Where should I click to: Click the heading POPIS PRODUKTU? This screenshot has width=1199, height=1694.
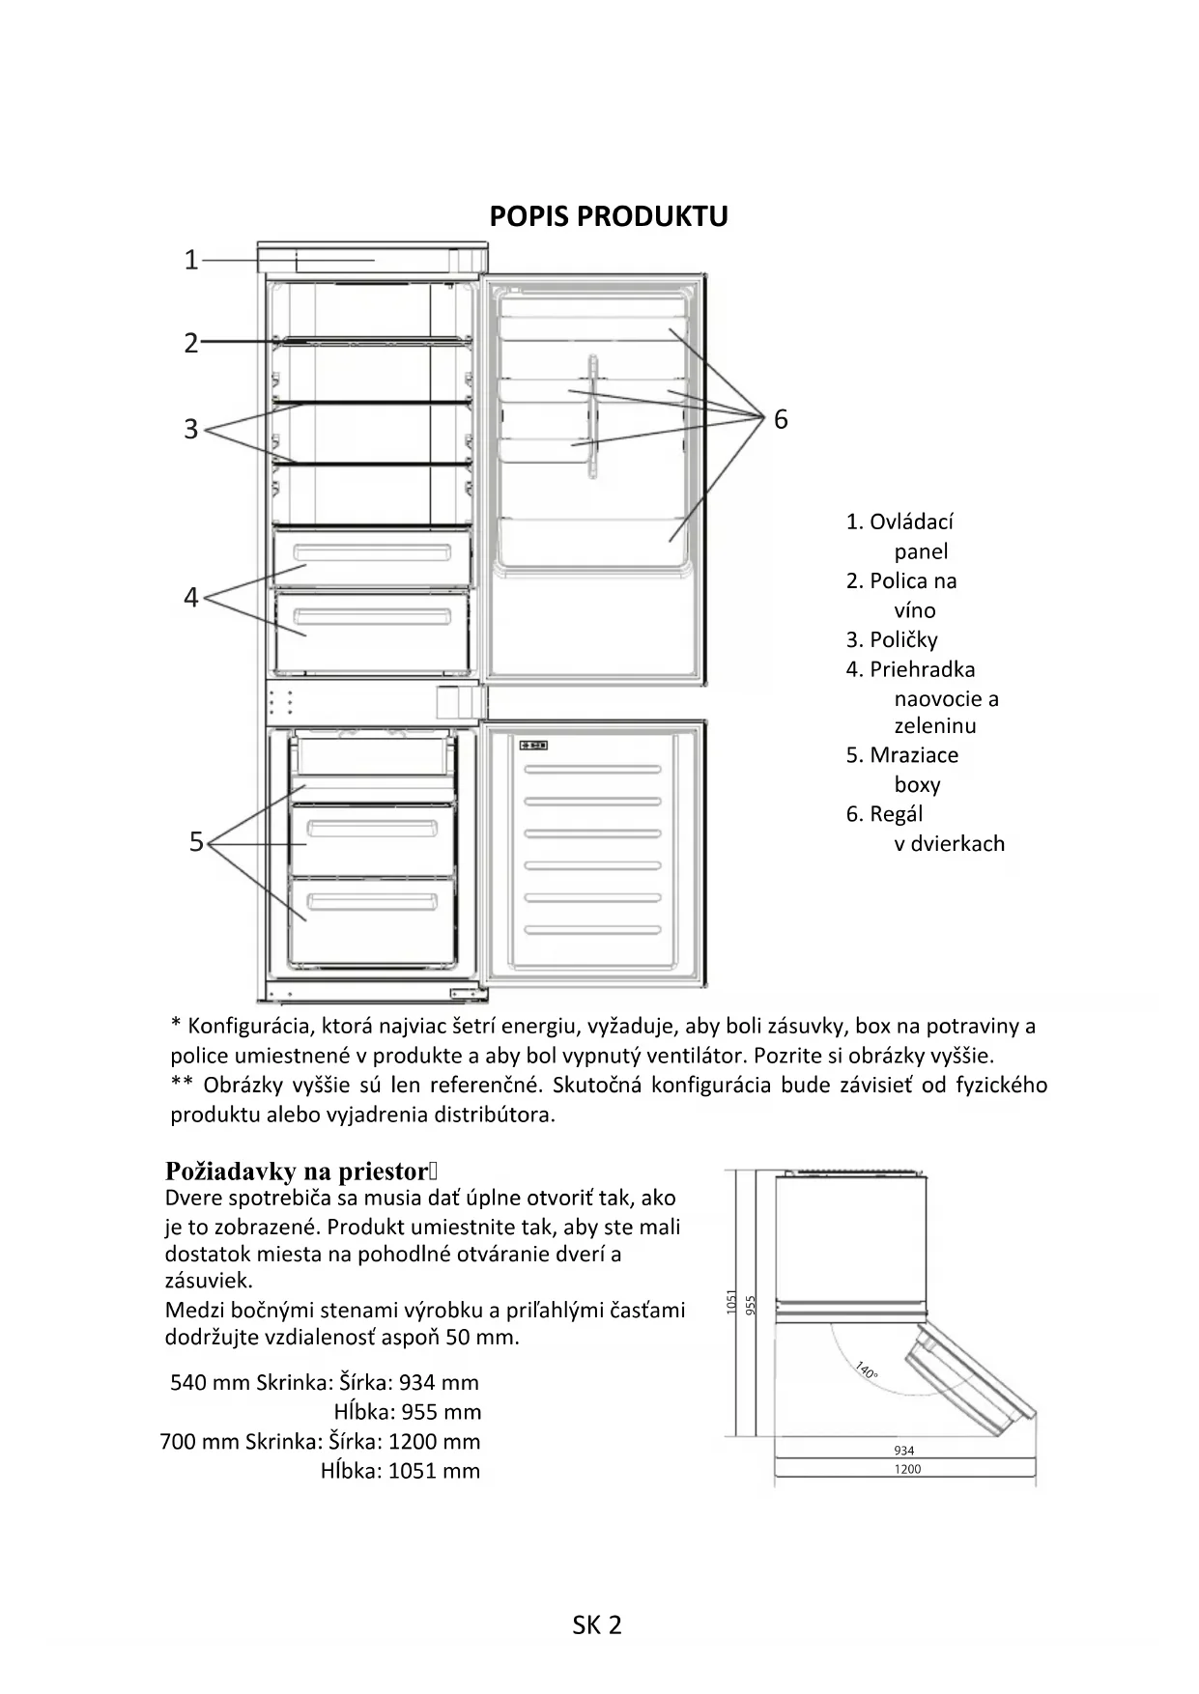coord(608,216)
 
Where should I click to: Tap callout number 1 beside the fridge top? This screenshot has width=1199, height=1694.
coord(191,260)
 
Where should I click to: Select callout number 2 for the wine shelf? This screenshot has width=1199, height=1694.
coord(191,343)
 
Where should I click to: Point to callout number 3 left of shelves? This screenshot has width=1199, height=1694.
coord(191,429)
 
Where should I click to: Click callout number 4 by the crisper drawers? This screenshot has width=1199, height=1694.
coord(191,598)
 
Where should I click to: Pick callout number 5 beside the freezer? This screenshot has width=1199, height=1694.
coord(196,842)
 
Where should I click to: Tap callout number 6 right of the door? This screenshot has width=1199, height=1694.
coord(781,419)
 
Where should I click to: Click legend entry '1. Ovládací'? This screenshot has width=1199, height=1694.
coord(899,522)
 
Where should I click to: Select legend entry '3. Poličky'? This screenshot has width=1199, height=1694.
coord(892,640)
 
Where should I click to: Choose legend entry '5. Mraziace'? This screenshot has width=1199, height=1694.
coord(902,755)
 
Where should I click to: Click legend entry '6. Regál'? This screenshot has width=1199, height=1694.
coord(884,814)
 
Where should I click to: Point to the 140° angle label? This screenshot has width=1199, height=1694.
coord(866,1370)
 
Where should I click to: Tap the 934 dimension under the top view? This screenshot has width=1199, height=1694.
coord(904,1451)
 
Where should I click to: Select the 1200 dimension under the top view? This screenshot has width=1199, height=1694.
coord(907,1469)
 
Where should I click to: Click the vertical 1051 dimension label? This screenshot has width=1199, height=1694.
coord(731,1302)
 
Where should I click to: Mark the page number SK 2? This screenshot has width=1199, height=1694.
coord(597,1625)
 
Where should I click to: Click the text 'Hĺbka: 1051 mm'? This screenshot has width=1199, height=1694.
coord(400,1471)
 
